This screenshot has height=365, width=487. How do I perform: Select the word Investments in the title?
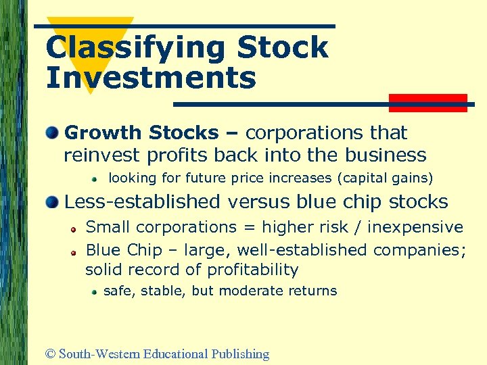point(151,78)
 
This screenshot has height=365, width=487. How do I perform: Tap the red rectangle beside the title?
point(428,103)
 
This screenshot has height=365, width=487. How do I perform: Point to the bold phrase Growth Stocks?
point(141,132)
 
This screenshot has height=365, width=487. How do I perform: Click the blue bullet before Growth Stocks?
point(52,132)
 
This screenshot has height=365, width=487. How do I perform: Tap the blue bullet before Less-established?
point(52,201)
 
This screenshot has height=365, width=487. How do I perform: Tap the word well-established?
point(302,250)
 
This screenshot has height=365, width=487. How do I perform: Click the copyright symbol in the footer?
point(50,354)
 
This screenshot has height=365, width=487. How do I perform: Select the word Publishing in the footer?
point(240,354)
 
